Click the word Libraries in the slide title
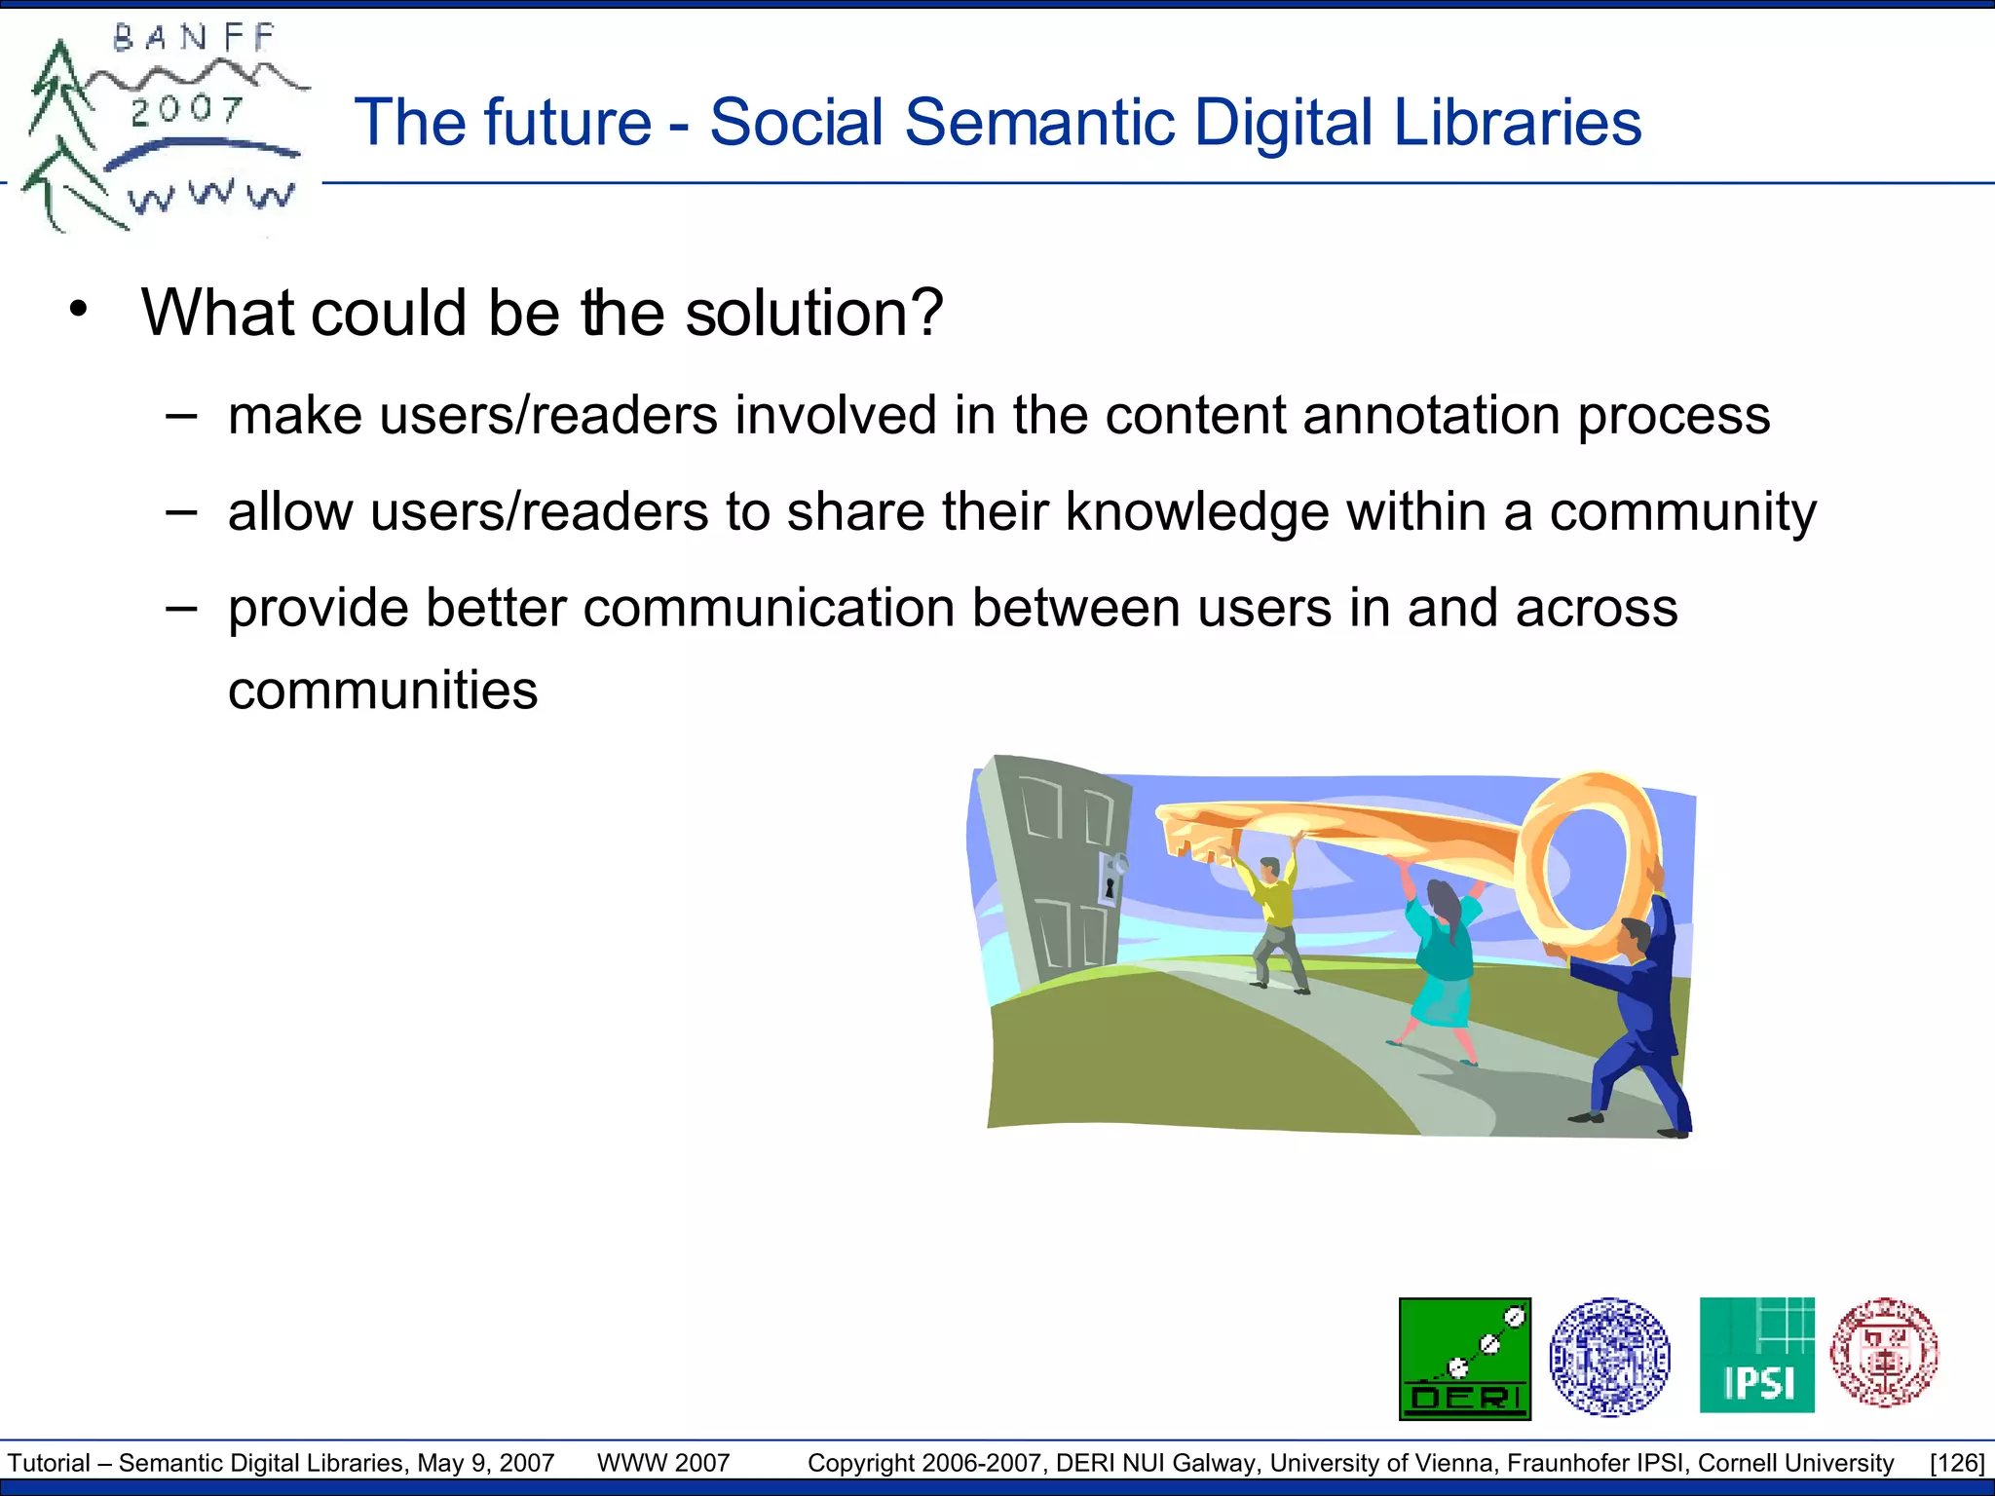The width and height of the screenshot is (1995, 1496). (x=1517, y=123)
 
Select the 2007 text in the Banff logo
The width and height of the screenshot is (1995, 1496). (x=186, y=109)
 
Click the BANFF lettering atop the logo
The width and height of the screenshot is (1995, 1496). (x=194, y=39)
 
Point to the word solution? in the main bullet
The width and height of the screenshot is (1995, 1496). (x=814, y=314)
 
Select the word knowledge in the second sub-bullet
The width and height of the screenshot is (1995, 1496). (x=1197, y=512)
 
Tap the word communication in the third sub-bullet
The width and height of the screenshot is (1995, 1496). (x=770, y=609)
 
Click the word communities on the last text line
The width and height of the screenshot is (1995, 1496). (x=383, y=691)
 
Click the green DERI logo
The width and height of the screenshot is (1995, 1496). (x=1464, y=1359)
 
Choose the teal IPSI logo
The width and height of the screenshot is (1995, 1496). (x=1756, y=1355)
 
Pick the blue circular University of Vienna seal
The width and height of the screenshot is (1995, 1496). (x=1609, y=1356)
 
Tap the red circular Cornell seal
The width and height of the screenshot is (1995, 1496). (x=1884, y=1353)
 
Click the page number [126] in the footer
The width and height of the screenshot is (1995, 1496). (x=1956, y=1463)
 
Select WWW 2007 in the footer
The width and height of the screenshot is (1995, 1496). (x=663, y=1463)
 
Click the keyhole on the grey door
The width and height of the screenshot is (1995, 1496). (x=1110, y=886)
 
